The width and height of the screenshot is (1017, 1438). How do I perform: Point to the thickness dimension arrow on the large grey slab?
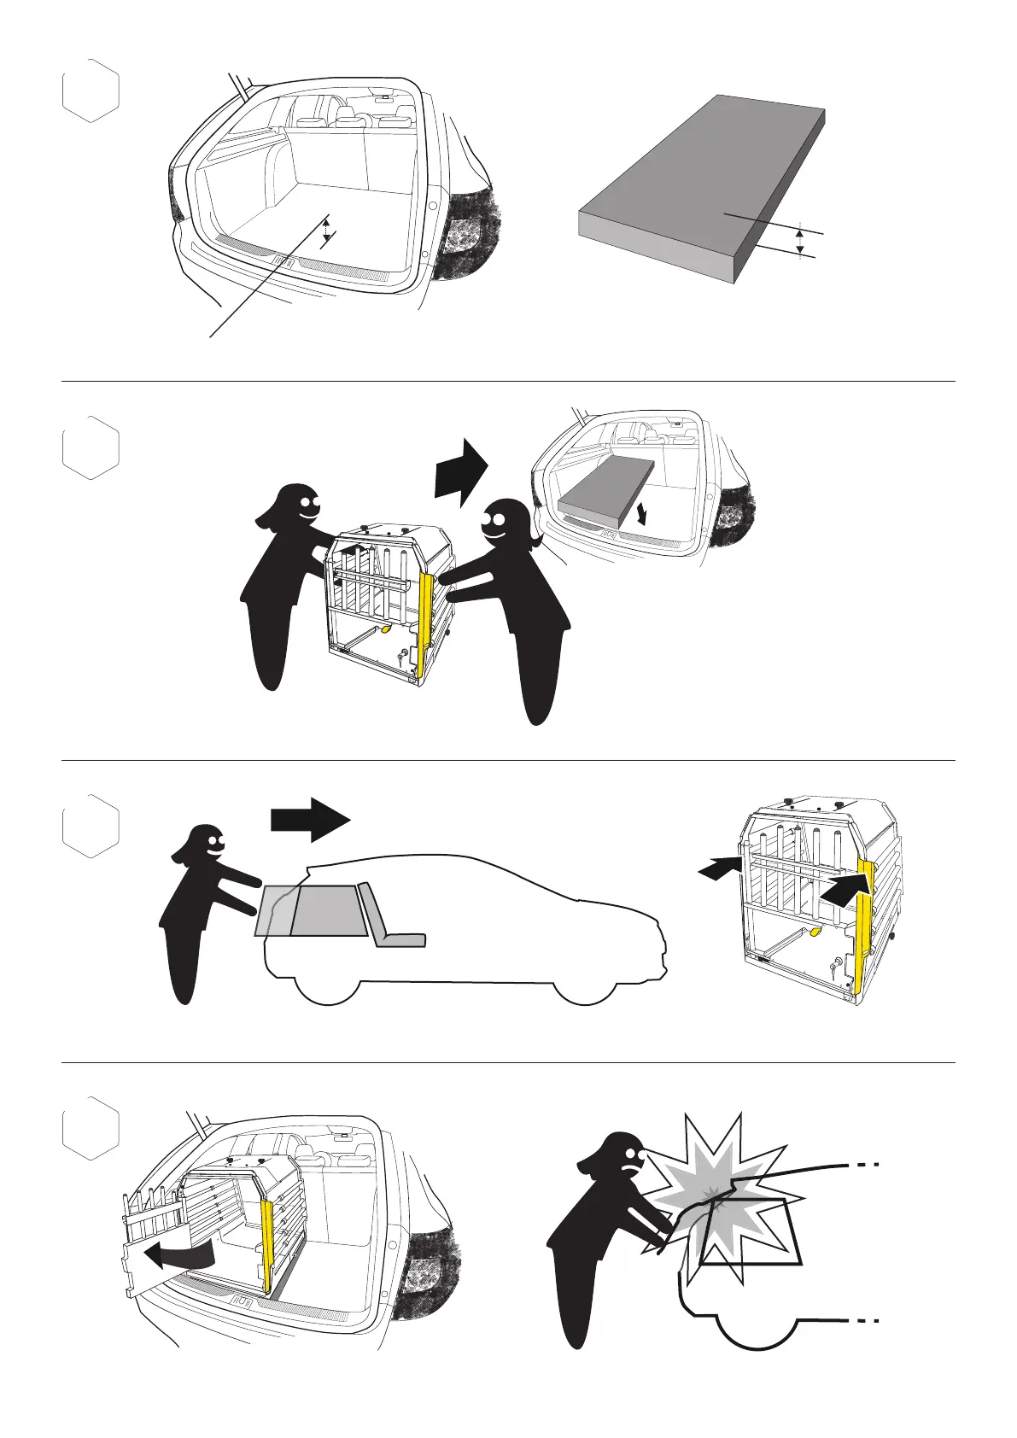click(x=799, y=240)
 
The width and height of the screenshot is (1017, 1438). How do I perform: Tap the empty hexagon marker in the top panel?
click(x=91, y=91)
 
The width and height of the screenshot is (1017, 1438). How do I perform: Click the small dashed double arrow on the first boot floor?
click(x=325, y=230)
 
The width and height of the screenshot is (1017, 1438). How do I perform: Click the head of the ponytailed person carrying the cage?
click(x=504, y=523)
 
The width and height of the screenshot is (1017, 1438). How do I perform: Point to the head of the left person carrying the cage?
click(x=299, y=507)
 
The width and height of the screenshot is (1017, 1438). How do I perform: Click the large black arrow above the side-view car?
click(x=310, y=819)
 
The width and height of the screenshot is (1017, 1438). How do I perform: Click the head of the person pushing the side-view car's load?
click(x=205, y=847)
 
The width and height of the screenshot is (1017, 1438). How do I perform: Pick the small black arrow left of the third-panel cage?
click(x=717, y=868)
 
